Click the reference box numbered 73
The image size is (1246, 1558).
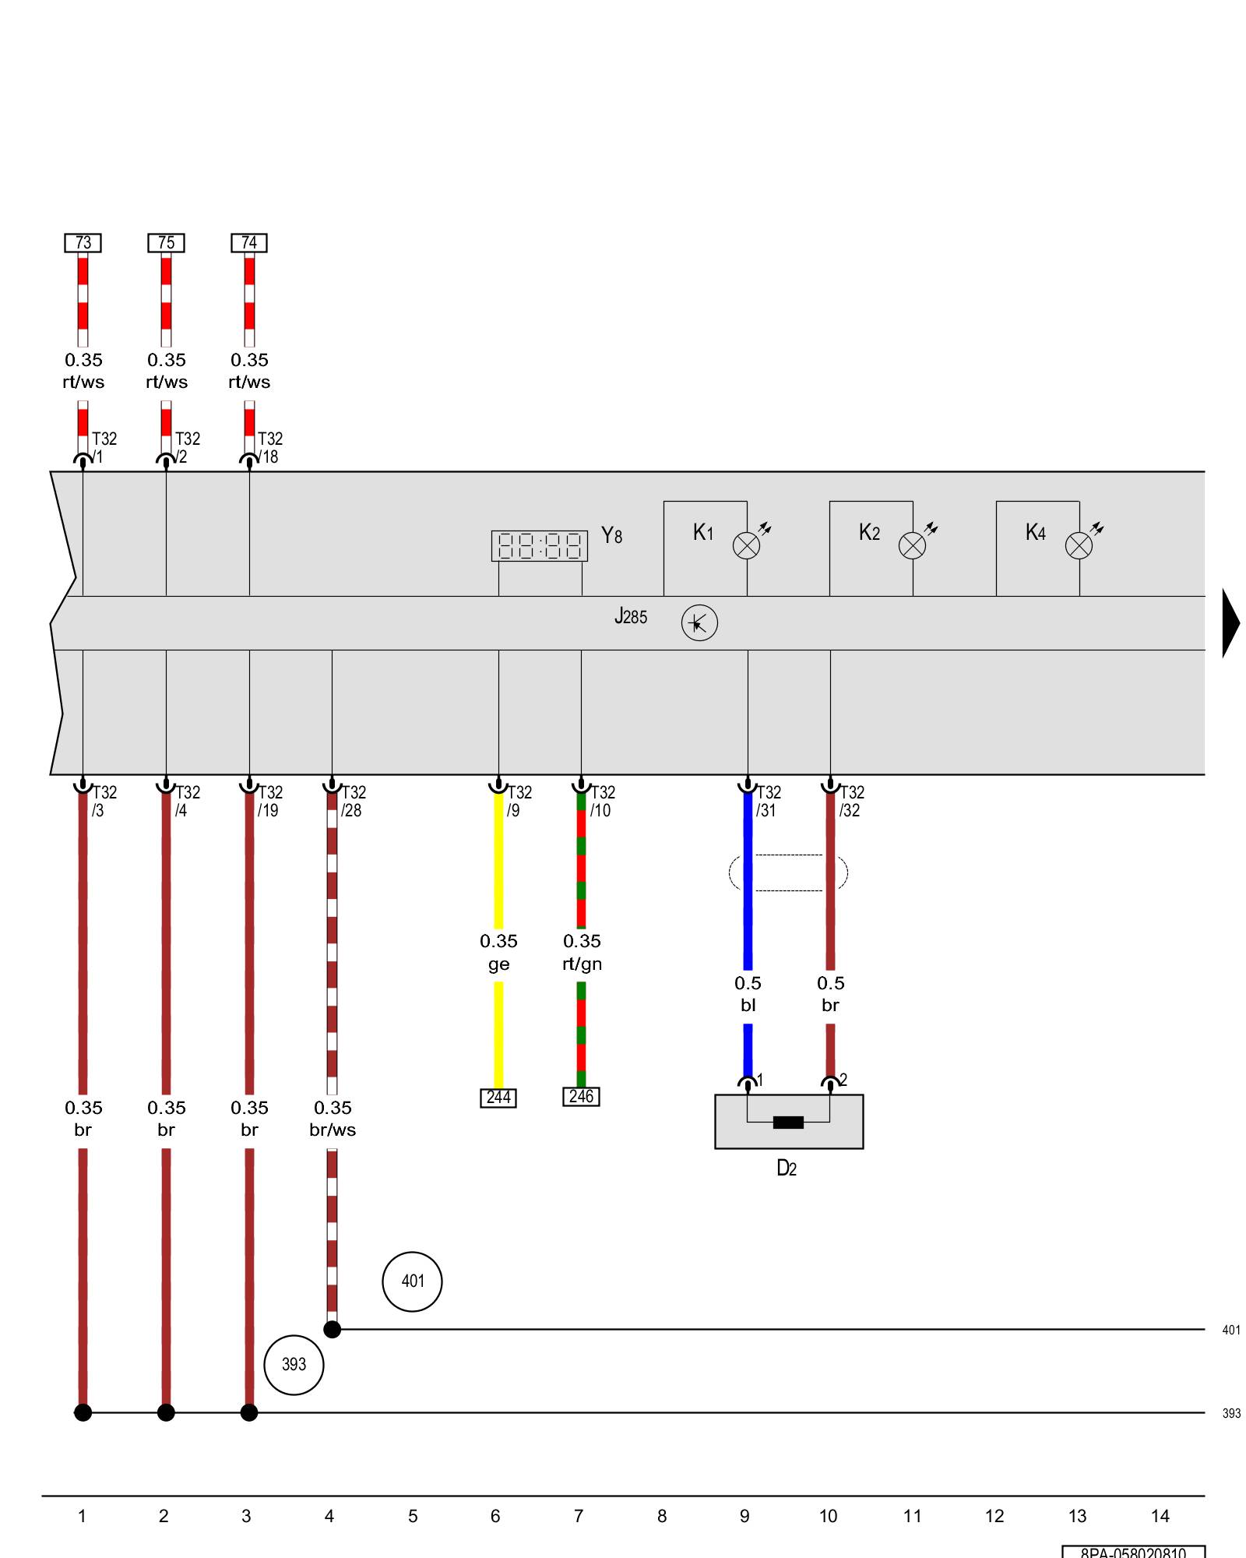(83, 243)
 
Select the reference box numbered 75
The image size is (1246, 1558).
(166, 243)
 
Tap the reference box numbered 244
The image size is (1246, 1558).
(498, 1098)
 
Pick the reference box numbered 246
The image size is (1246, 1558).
(581, 1096)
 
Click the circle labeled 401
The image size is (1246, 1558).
(412, 1281)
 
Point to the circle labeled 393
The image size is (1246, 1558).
(294, 1364)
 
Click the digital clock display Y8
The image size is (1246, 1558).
(539, 545)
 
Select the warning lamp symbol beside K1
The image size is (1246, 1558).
(746, 545)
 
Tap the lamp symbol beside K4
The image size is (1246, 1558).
(1079, 545)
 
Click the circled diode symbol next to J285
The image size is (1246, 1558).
(699, 623)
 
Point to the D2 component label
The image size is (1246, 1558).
(787, 1168)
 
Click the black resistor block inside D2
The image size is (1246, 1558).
(788, 1123)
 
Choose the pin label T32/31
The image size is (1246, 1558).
(768, 801)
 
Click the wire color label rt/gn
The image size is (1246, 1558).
(582, 964)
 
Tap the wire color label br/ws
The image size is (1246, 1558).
(333, 1130)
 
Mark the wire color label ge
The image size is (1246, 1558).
(498, 964)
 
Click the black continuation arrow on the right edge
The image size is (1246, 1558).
(1230, 623)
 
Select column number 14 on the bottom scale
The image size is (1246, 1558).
(1160, 1516)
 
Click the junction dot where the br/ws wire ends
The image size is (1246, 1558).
(332, 1329)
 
